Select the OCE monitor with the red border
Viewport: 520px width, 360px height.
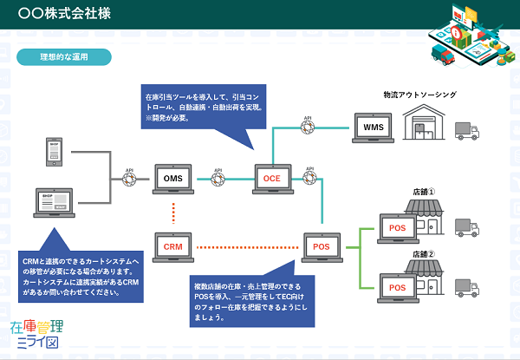pyautogui.click(x=269, y=180)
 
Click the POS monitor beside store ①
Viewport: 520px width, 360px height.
pyautogui.click(x=397, y=227)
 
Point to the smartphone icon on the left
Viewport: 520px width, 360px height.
pyautogui.click(x=54, y=154)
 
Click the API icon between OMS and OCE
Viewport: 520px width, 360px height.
pyautogui.click(x=218, y=180)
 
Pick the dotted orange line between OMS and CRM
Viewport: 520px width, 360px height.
pyautogui.click(x=174, y=213)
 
